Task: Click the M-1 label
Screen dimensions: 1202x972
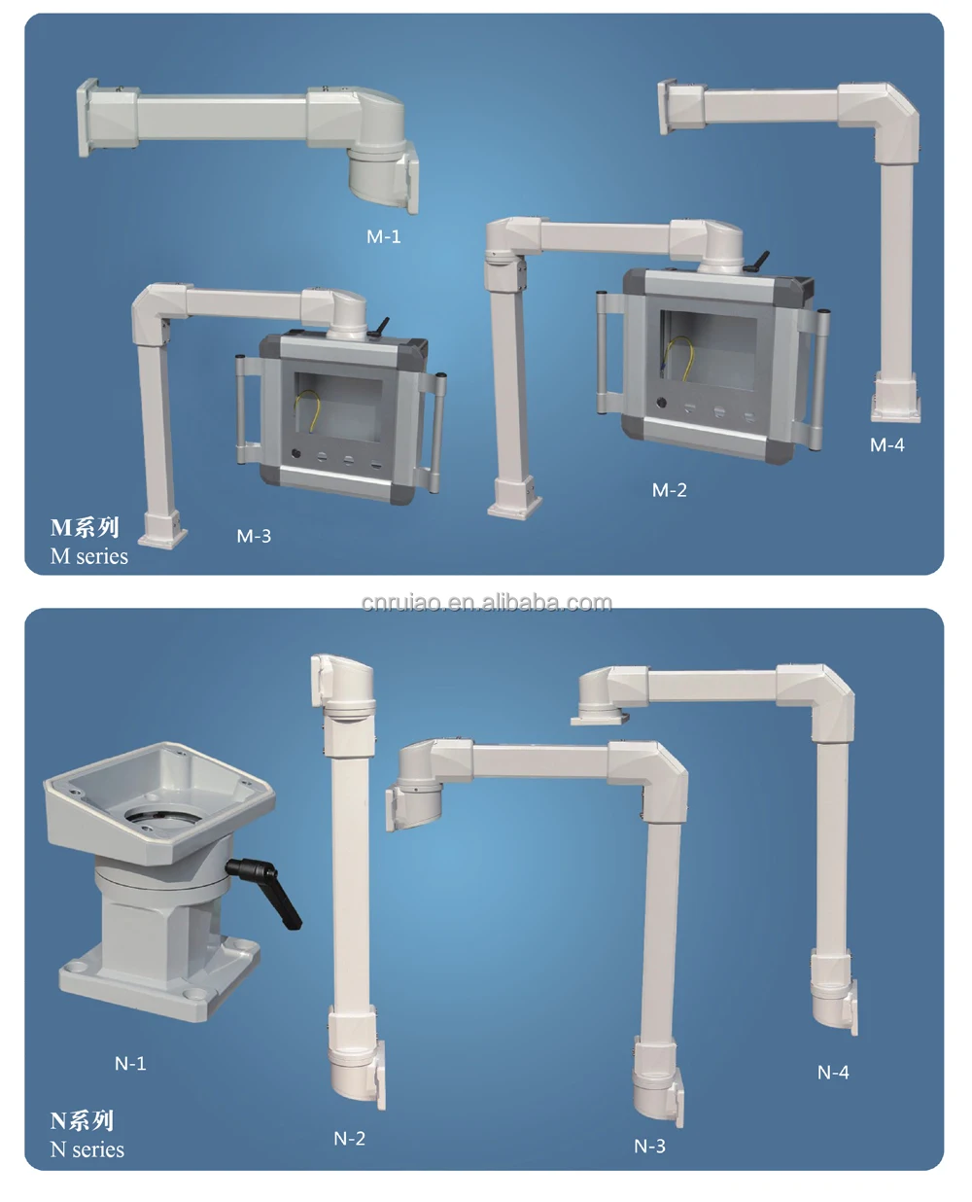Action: [x=384, y=236]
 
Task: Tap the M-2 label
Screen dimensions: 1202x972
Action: [x=669, y=490]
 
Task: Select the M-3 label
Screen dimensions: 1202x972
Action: [x=254, y=536]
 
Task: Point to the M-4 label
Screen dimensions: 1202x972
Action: [x=886, y=445]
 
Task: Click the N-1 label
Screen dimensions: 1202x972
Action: [x=130, y=1064]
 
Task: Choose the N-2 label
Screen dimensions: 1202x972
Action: [x=349, y=1139]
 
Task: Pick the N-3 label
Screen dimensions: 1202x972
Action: [x=649, y=1147]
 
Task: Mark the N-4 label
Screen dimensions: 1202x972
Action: [x=833, y=1073]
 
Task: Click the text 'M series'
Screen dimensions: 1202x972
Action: [x=89, y=556]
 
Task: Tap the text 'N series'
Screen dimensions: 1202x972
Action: [x=87, y=1149]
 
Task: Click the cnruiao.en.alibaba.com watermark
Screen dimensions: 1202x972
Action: [x=486, y=603]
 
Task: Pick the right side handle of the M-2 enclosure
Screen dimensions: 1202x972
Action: [x=823, y=379]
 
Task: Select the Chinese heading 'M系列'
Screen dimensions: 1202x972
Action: [x=85, y=528]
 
